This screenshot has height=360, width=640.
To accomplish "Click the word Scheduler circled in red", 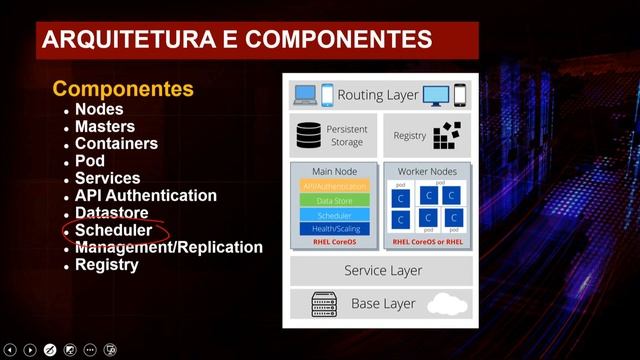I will point(113,230).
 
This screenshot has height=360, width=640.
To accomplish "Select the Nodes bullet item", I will point(99,109).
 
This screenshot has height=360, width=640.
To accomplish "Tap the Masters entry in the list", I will point(105,126).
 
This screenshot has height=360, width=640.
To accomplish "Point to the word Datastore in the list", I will point(111,213).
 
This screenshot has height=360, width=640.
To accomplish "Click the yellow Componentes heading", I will point(122,88).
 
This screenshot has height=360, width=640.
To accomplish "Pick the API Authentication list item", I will point(145,196).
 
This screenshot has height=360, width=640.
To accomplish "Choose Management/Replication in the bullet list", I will point(168,247).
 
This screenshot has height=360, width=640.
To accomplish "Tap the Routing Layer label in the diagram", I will point(378,95).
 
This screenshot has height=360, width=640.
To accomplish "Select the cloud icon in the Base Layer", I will point(446,303).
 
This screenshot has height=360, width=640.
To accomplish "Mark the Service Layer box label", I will point(383,270).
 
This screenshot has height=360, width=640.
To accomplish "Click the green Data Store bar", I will point(334,200).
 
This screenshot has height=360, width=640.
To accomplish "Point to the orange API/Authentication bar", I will point(334,186).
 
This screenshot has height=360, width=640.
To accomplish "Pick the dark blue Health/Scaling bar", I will point(334,229).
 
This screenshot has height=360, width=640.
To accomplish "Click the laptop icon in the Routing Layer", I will point(305,95).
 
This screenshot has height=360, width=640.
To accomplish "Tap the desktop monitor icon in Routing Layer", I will point(436,96).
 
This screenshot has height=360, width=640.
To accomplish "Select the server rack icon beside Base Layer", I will point(323,302).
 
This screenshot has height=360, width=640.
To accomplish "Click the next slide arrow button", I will point(30,350).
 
